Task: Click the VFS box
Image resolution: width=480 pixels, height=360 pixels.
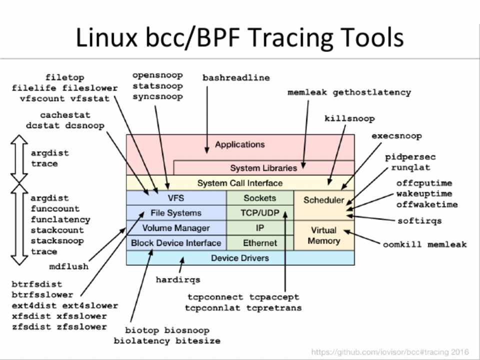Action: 176,198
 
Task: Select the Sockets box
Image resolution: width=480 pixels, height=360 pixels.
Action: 259,198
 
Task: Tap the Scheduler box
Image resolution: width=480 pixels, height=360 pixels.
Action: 324,200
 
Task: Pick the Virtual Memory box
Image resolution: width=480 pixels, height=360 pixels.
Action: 324,235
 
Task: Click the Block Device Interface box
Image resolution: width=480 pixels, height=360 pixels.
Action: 176,243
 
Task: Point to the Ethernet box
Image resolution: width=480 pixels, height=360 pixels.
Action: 259,243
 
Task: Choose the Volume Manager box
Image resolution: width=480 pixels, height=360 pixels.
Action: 176,228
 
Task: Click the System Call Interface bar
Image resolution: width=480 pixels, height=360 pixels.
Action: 240,183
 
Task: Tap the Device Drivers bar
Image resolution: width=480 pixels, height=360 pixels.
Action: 240,258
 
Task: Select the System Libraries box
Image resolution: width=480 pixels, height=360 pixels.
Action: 263,168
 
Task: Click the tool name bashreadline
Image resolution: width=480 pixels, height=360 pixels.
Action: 236,78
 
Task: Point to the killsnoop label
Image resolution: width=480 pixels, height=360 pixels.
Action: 349,119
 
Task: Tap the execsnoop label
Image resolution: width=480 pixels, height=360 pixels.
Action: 396,136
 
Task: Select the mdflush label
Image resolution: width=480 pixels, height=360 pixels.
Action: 68,266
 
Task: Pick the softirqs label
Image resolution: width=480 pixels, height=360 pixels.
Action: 419,220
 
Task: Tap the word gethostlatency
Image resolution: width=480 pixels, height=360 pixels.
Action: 371,92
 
